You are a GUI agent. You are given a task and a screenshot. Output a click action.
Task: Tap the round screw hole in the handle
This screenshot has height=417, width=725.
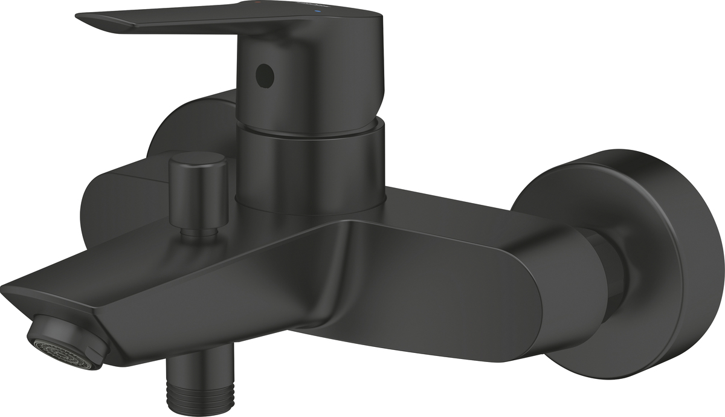(265, 76)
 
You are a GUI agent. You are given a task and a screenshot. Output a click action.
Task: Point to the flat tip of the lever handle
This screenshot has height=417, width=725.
(91, 19)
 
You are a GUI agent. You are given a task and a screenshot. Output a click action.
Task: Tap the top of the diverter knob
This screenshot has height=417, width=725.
(196, 158)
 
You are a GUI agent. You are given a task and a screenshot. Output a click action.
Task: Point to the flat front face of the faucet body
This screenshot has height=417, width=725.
(423, 290)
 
